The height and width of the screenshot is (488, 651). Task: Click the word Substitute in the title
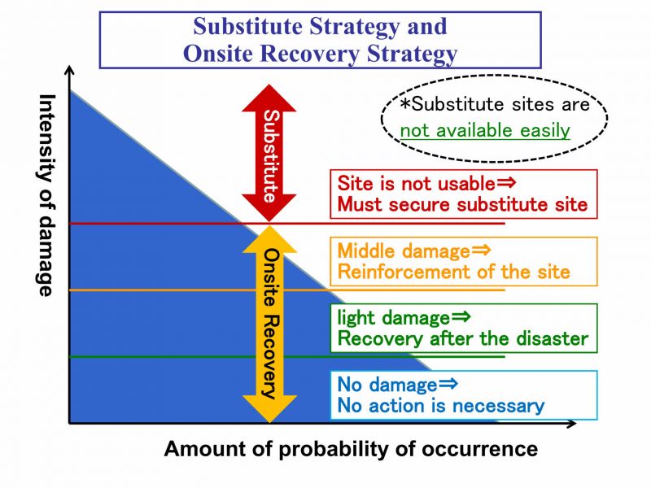pyautogui.click(x=248, y=26)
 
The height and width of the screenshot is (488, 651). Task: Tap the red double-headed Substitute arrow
pyautogui.click(x=269, y=153)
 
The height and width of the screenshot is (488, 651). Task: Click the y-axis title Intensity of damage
pyautogui.click(x=46, y=195)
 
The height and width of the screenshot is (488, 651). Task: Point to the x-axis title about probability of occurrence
pyautogui.click(x=351, y=450)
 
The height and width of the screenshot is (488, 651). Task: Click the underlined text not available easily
pyautogui.click(x=485, y=130)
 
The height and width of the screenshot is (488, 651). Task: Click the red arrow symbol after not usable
pyautogui.click(x=506, y=182)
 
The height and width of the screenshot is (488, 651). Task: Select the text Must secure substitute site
pyautogui.click(x=462, y=205)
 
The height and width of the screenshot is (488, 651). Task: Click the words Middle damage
pyautogui.click(x=404, y=251)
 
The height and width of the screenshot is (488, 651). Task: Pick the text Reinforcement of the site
pyautogui.click(x=453, y=272)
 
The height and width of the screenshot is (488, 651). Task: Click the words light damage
pyautogui.click(x=394, y=318)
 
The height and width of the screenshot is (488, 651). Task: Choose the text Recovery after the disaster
pyautogui.click(x=463, y=338)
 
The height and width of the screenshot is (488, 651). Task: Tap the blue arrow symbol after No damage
pyautogui.click(x=448, y=383)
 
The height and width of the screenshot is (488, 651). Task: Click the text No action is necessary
pyautogui.click(x=441, y=405)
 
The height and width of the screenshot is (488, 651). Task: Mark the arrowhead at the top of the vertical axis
pyautogui.click(x=70, y=69)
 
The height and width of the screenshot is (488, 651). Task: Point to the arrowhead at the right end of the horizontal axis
pyautogui.click(x=572, y=423)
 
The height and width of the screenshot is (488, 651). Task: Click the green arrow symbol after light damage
pyautogui.click(x=461, y=316)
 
